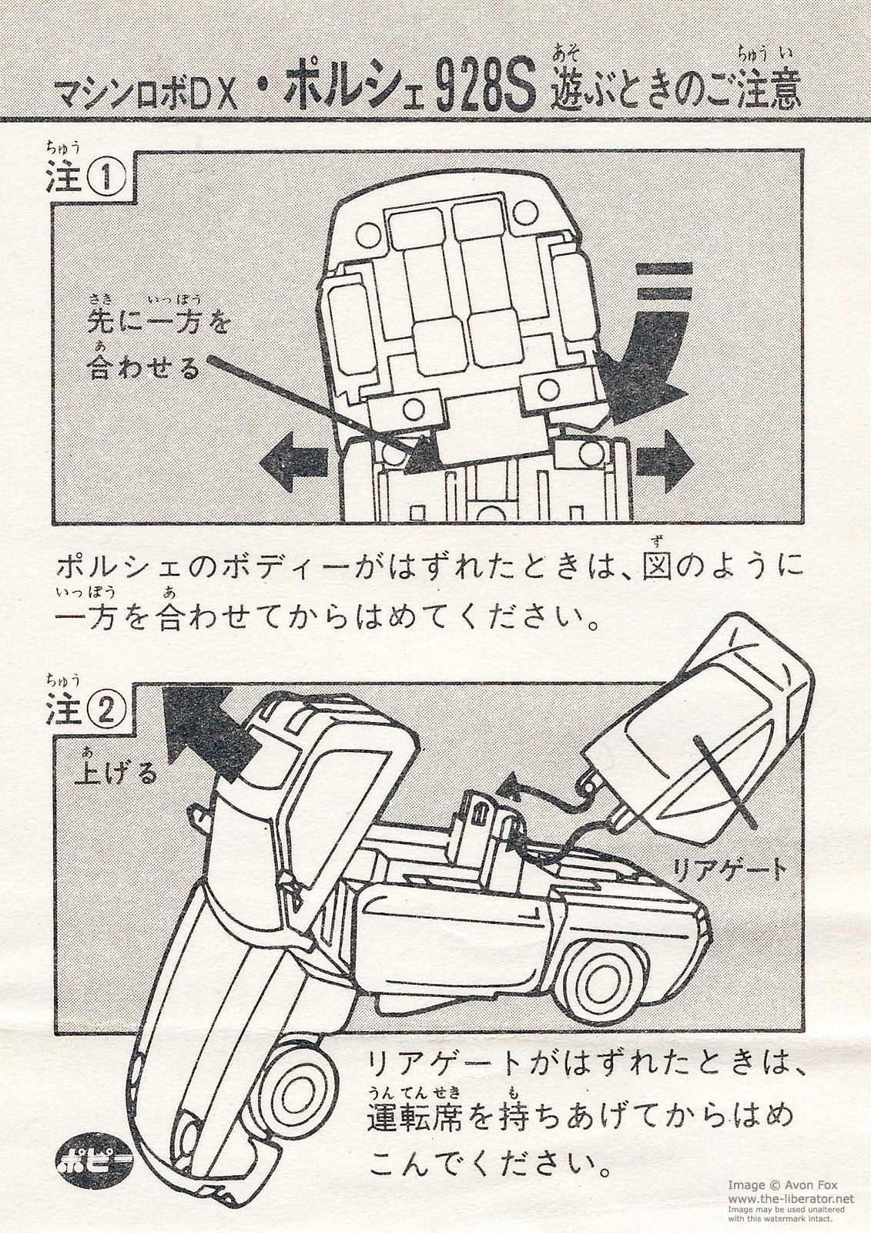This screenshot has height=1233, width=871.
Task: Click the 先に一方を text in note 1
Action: coord(159,323)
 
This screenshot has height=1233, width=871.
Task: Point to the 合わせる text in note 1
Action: coord(145,369)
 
